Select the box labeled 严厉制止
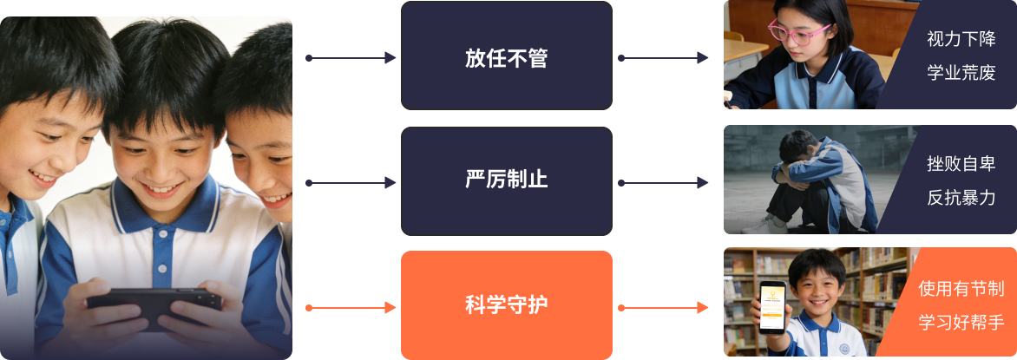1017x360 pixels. coord(506,181)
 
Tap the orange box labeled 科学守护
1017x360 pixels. coord(506,304)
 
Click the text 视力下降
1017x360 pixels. coord(961,39)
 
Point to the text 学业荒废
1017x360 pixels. coord(961,73)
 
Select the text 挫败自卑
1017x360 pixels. coord(961,164)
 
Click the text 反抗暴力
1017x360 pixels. coord(961,198)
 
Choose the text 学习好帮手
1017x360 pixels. coord(961,323)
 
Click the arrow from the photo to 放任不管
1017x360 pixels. coord(351,58)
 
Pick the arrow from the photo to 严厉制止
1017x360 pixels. coord(351,183)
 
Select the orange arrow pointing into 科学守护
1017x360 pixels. coord(351,307)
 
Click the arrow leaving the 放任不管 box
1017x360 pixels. coord(664,58)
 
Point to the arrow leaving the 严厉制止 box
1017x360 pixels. coord(664,183)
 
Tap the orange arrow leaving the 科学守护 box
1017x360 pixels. coord(664,307)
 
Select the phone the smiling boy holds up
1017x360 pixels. coord(772,308)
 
